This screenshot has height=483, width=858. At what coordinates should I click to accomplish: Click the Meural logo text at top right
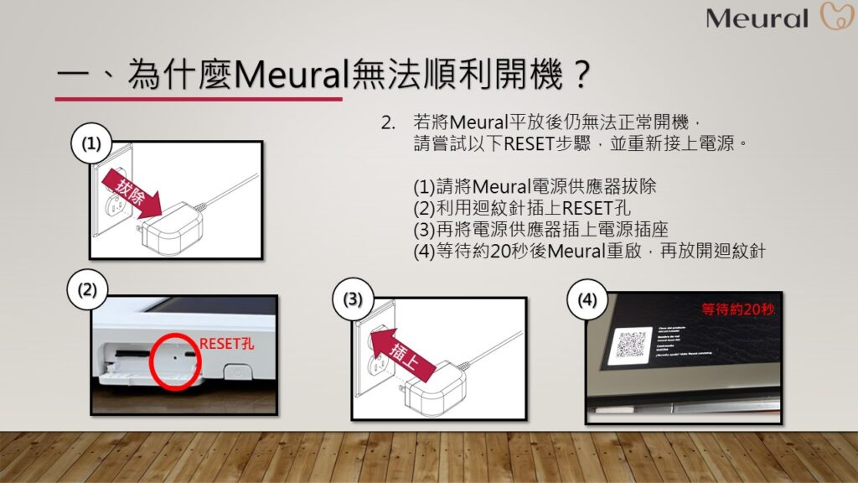click(x=757, y=18)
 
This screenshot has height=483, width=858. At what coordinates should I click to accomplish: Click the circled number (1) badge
click(x=91, y=143)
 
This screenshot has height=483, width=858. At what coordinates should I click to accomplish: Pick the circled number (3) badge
click(x=353, y=299)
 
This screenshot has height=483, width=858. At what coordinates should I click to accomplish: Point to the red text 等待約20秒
click(x=738, y=309)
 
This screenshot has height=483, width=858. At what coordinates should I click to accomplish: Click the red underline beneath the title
click(x=199, y=98)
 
